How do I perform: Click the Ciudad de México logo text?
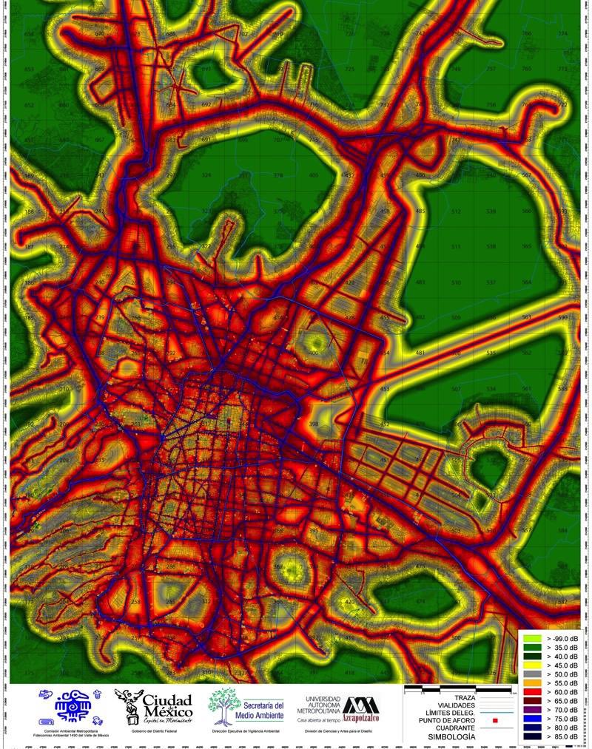click(166, 706)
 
